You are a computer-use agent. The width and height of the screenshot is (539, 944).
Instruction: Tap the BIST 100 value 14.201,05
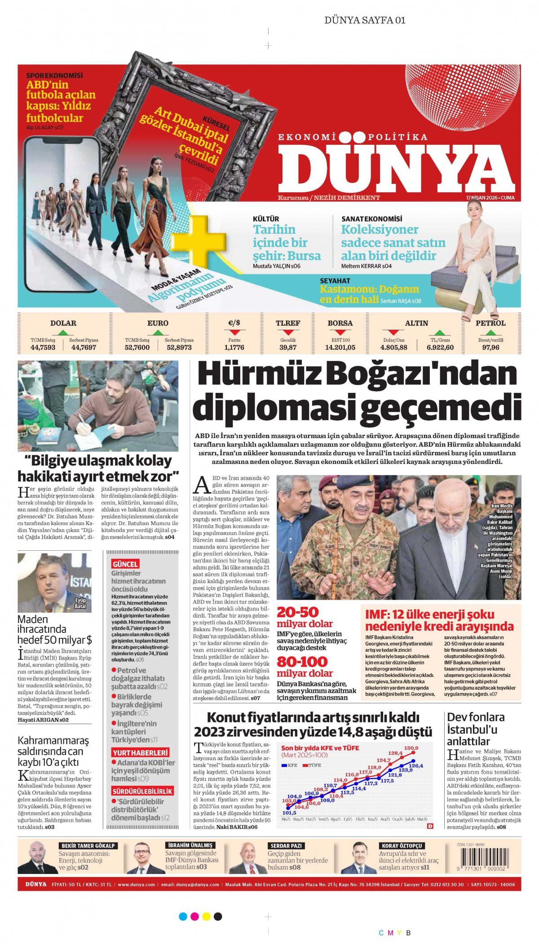[340, 347]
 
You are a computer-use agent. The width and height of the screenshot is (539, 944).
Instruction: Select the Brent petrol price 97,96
[490, 347]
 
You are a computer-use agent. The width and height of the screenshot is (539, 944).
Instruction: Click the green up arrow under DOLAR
[63, 333]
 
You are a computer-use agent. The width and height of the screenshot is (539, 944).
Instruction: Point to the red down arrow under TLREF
[288, 333]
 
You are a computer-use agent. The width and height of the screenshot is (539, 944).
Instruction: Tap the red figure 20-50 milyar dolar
[305, 617]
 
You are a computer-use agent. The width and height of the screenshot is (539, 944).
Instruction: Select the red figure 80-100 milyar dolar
[305, 667]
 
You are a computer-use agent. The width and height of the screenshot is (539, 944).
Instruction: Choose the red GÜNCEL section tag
[125, 564]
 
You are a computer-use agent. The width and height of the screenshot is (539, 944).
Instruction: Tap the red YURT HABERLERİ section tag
[140, 753]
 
